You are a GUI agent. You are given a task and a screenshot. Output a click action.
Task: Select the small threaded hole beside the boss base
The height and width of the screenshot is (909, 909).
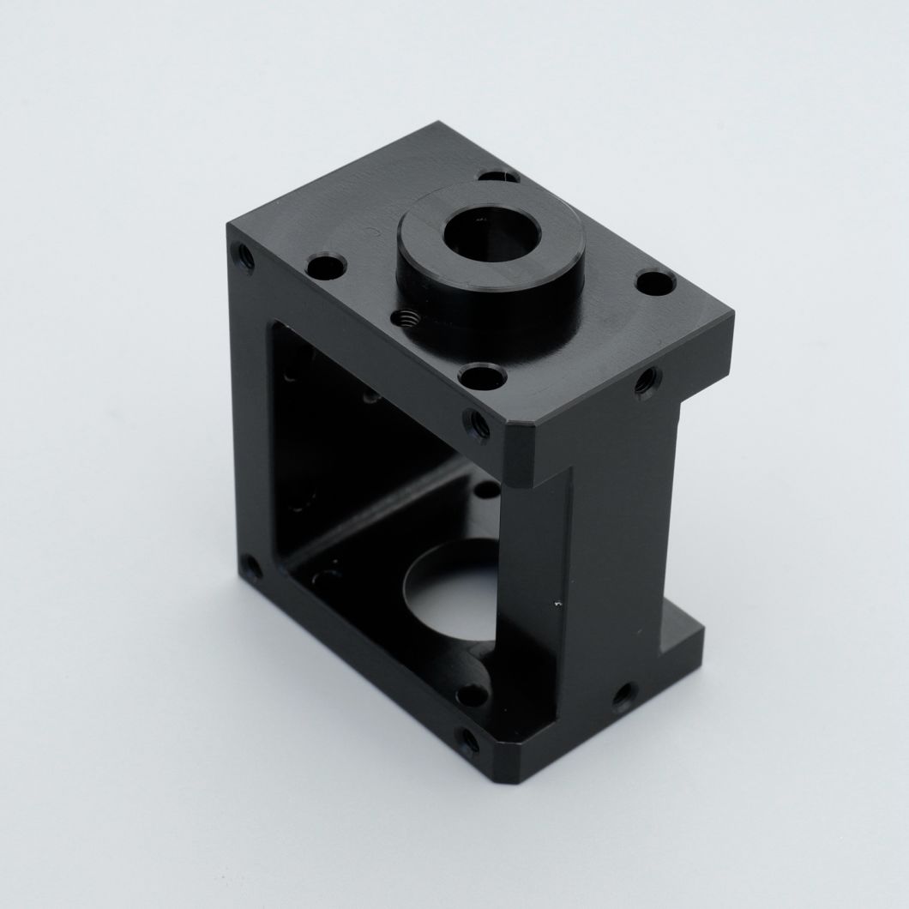tap(407, 319)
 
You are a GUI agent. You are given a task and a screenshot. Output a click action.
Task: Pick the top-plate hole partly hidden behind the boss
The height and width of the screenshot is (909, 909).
tap(499, 177)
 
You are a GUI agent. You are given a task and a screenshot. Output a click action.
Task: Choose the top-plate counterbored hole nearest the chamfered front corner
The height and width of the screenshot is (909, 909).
tap(480, 375)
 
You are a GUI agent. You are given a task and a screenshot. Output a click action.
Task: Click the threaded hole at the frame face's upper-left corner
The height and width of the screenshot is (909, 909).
tap(245, 255)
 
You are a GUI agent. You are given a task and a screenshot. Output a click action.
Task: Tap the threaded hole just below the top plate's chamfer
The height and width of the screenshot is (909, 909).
tap(477, 423)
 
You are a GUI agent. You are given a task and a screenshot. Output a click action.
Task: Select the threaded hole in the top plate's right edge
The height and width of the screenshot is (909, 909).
tap(647, 381)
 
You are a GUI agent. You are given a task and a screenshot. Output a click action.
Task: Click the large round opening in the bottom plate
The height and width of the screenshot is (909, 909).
tap(450, 592)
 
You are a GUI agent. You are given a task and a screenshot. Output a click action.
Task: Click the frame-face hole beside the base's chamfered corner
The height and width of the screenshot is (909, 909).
tap(467, 742)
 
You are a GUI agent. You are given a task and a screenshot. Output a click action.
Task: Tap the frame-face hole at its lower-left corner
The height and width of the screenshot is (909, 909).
tap(250, 566)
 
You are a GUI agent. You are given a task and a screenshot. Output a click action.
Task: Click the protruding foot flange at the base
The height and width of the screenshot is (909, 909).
tap(682, 639)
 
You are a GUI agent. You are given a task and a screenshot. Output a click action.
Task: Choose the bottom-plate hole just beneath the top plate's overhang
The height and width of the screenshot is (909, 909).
tap(486, 491)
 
